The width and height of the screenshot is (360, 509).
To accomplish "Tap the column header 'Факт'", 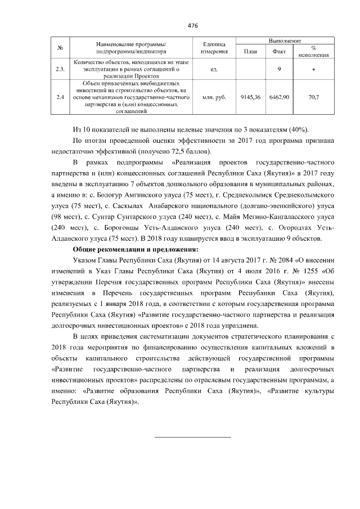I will pos(279,51).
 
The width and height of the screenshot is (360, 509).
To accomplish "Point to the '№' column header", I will pos(60,47).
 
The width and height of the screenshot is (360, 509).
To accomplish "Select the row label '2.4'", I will pos(60,97).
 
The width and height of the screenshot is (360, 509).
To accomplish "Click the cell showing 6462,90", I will pos(279,97).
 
